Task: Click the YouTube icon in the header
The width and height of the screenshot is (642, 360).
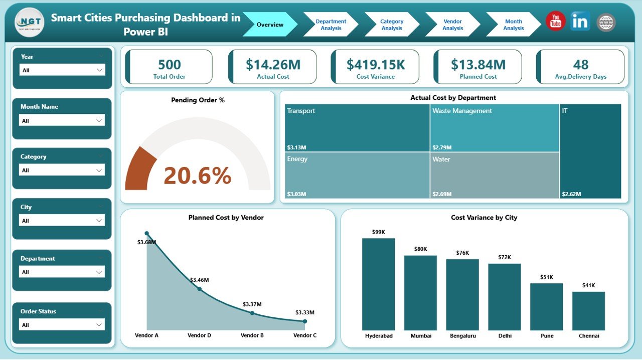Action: tap(555, 22)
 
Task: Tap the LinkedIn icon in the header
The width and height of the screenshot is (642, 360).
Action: tap(580, 22)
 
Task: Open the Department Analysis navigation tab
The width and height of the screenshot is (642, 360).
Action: tap(331, 25)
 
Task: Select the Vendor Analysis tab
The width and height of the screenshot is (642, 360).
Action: tap(452, 25)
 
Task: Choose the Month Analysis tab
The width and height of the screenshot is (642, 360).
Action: tap(513, 25)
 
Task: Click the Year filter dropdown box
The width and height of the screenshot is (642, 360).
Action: tap(62, 70)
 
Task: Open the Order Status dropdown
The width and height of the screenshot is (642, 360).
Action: tap(62, 325)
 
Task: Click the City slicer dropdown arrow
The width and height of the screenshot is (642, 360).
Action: tap(99, 221)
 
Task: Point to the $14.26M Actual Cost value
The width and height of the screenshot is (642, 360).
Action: tap(273, 64)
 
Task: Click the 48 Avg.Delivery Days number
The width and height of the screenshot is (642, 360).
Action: tap(580, 64)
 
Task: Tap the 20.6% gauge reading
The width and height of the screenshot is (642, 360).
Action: tap(197, 175)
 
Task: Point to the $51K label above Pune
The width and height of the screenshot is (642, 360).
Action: tap(546, 277)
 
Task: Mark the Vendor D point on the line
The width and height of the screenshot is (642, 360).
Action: tap(199, 289)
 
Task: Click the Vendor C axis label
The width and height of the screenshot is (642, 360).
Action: tap(305, 335)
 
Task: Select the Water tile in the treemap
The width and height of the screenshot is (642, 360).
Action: tap(494, 175)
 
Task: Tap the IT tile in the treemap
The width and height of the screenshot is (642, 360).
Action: tap(590, 150)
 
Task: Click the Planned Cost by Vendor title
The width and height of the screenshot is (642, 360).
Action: tap(226, 218)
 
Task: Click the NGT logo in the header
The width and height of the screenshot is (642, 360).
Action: tap(30, 23)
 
